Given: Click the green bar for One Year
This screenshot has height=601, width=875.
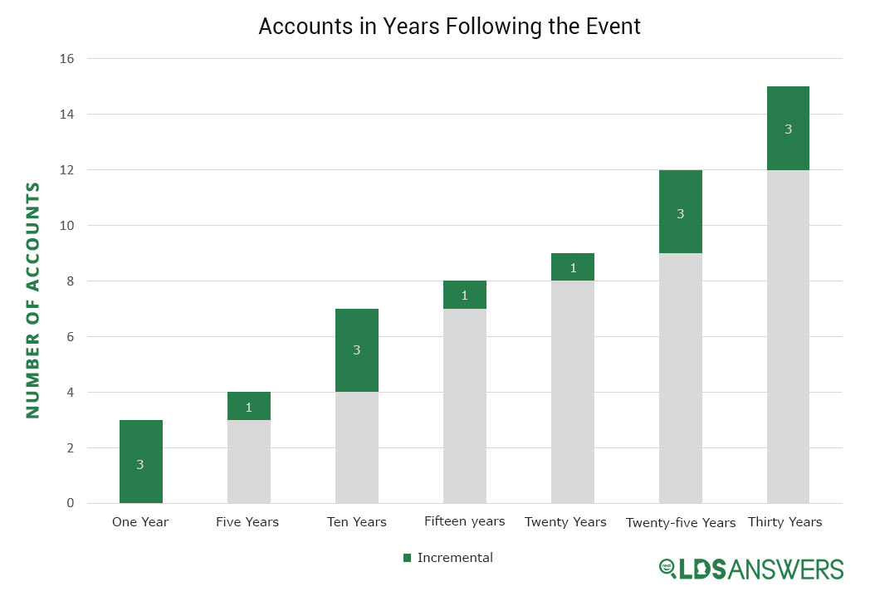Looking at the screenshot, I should (x=140, y=461).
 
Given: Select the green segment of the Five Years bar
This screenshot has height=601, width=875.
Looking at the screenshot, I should (x=248, y=406).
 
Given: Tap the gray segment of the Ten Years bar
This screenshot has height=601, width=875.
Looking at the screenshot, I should (x=356, y=447).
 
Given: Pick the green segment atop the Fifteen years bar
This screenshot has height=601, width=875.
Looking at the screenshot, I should (x=464, y=295).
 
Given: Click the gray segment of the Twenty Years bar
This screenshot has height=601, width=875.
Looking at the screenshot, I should (x=572, y=392).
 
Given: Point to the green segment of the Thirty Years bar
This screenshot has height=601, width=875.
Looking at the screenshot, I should (x=788, y=129).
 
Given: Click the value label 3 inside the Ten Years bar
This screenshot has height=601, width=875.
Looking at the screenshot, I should (x=356, y=350).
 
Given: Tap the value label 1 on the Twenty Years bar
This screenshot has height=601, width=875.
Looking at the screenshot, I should (x=572, y=267).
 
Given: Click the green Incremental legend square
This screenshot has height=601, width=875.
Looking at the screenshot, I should (x=406, y=558).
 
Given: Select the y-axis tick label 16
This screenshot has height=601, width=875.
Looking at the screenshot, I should (x=67, y=59).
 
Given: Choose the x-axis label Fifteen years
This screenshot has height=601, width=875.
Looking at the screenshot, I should (x=464, y=521).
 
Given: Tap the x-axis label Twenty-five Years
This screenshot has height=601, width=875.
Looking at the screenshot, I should (x=680, y=523).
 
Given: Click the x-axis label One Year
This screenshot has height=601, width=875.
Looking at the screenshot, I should (x=140, y=522).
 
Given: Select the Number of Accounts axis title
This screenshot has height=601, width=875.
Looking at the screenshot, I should (x=32, y=300).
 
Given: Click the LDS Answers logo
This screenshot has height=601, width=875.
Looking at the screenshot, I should (x=750, y=569).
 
